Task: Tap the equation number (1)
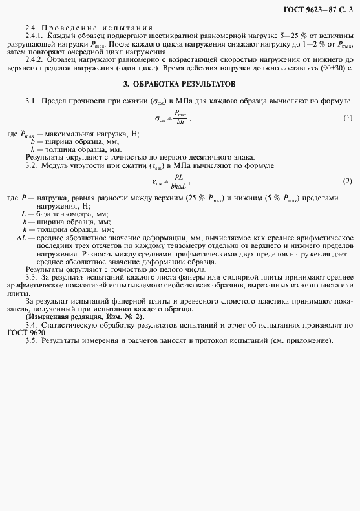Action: (x=348, y=118)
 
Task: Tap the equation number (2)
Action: (x=348, y=181)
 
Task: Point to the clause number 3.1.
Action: (x=31, y=101)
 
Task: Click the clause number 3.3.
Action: (x=31, y=276)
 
